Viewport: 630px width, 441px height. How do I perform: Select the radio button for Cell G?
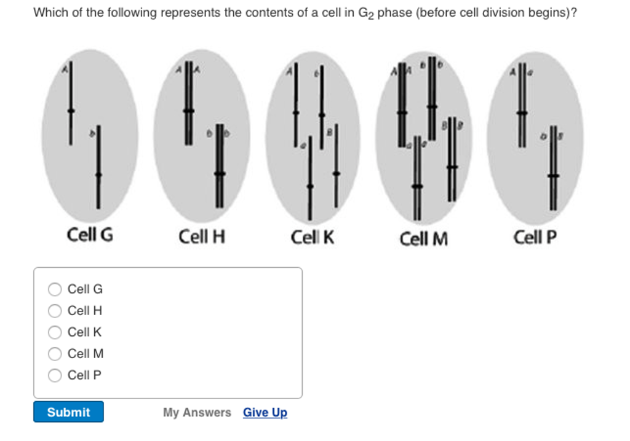coord(55,289)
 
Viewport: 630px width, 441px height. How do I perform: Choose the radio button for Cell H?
coord(55,311)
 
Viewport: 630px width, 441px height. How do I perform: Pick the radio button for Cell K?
coord(55,332)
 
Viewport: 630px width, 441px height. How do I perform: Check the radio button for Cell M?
coord(55,354)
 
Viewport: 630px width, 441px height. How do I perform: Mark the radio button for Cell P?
coord(55,375)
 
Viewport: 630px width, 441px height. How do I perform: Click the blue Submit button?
coord(68,412)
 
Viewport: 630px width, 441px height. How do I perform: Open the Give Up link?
coord(265,413)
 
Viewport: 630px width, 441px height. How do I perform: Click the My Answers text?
coord(197,413)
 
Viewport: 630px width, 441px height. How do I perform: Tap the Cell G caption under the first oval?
coord(90,235)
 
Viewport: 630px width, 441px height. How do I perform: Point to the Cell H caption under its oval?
coord(201,236)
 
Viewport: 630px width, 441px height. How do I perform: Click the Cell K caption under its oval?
coord(313,237)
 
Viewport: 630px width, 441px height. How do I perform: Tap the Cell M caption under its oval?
coord(423,238)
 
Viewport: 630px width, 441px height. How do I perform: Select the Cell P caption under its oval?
coord(535,236)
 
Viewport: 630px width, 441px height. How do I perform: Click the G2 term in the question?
coord(366,13)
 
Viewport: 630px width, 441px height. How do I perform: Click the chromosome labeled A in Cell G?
coord(71,104)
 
